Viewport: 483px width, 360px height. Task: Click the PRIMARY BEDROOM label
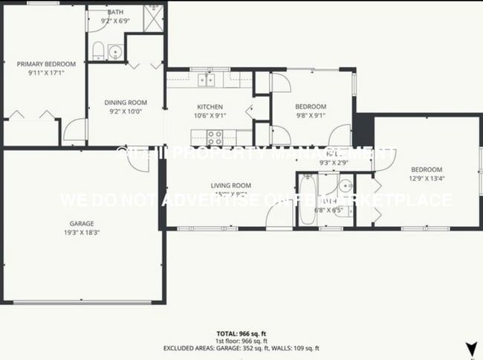click(42, 64)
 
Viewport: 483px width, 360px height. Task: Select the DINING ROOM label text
click(125, 103)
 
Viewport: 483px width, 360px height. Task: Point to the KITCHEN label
click(210, 106)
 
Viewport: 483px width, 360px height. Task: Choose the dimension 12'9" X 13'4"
click(427, 178)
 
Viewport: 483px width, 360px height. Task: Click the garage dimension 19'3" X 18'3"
click(82, 231)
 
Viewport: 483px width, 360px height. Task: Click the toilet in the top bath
click(98, 51)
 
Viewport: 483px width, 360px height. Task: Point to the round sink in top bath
click(114, 51)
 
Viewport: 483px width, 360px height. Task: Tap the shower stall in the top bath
click(153, 17)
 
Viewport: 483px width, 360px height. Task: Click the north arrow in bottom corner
click(470, 347)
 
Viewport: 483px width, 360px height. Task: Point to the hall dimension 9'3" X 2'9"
click(334, 162)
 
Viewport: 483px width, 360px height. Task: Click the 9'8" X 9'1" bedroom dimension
click(310, 115)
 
